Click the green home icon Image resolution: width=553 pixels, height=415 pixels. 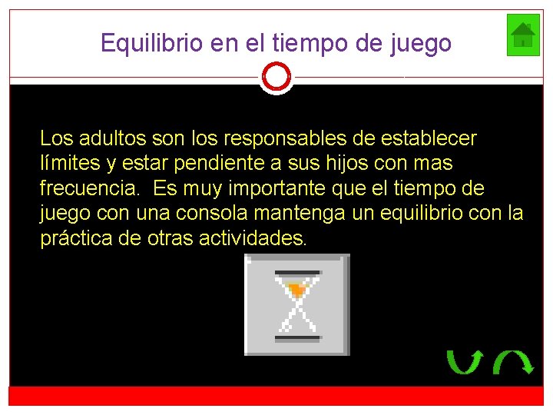(523, 35)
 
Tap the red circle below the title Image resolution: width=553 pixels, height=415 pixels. (276, 77)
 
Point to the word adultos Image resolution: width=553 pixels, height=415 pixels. (104, 138)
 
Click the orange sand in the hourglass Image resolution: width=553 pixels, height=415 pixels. (296, 290)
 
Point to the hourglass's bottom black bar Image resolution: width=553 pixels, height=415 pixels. (296, 337)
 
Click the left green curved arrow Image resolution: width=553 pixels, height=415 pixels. (464, 361)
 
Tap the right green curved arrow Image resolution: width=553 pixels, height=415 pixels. (513, 361)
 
